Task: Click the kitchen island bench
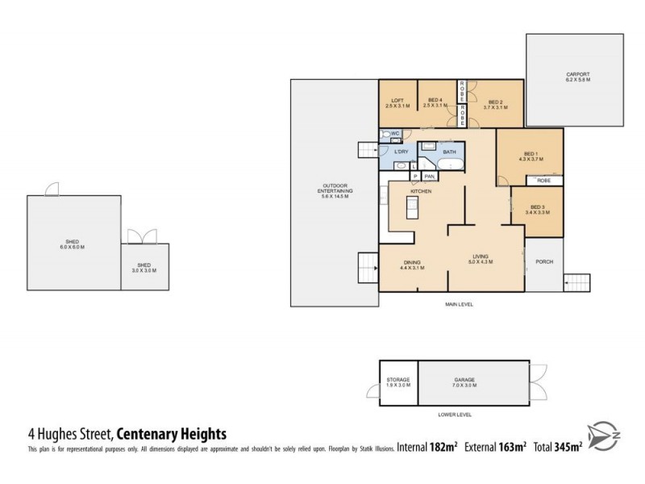point(412,211)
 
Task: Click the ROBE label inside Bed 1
point(543,181)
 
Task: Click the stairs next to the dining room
point(368,267)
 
